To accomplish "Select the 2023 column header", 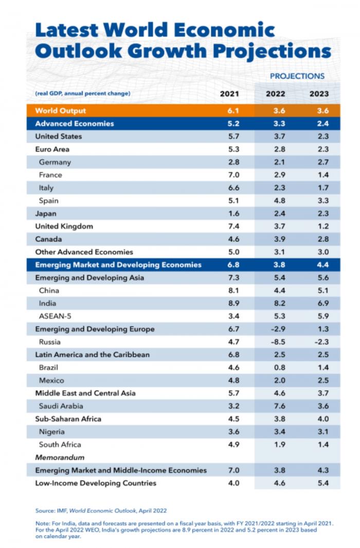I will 319,94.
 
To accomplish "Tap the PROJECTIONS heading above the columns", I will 297,76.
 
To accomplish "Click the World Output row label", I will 61,111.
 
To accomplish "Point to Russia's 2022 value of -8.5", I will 276,342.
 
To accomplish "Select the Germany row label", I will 55,162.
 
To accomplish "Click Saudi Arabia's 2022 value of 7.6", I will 276,406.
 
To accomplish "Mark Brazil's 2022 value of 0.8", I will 276,368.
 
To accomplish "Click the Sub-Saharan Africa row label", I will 68,418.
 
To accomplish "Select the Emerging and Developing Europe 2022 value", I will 276,329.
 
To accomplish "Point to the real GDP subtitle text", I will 82,94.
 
